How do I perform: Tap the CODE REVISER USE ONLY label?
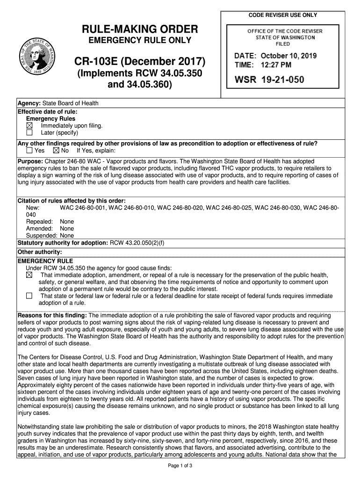[283, 15]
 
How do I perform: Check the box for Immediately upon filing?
[29, 126]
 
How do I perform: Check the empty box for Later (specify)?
[29, 132]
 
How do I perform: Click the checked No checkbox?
[56, 151]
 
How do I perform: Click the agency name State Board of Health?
[70, 103]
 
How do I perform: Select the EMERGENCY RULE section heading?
[45, 261]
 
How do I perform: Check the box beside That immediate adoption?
[29, 275]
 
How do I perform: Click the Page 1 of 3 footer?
[180, 466]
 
